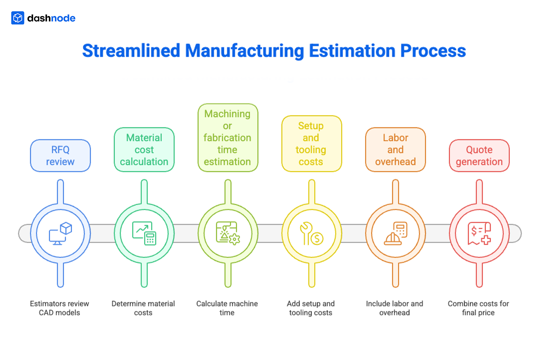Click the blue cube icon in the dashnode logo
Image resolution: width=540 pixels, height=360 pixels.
pos(18,18)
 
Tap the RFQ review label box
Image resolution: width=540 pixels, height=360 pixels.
pos(60,156)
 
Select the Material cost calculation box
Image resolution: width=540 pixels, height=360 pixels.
pos(144,150)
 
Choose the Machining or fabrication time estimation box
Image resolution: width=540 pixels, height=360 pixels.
pos(228,138)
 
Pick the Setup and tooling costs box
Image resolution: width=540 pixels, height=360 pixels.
pos(311,144)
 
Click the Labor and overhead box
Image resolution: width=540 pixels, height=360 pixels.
pos(395,150)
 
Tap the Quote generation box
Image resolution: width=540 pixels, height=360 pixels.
pos(479,156)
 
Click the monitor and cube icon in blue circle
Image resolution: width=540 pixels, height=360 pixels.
pos(60,233)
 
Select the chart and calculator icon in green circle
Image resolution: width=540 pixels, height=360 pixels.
pos(144,233)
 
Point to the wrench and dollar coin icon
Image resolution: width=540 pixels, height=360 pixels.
pos(311,233)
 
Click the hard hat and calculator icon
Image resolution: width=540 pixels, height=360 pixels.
pos(395,233)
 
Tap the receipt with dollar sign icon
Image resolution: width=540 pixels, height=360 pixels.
pos(479,233)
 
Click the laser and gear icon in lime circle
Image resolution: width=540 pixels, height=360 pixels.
pos(228,233)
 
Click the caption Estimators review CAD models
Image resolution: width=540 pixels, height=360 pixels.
pos(59,308)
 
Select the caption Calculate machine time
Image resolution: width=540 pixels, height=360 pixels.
pos(227,308)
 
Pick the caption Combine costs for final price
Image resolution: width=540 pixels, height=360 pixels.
pos(478,308)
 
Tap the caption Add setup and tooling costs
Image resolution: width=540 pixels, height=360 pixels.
pos(310,308)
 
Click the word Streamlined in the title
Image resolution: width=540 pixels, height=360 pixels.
pos(131,51)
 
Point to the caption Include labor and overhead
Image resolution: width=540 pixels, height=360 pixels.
pos(394,308)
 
